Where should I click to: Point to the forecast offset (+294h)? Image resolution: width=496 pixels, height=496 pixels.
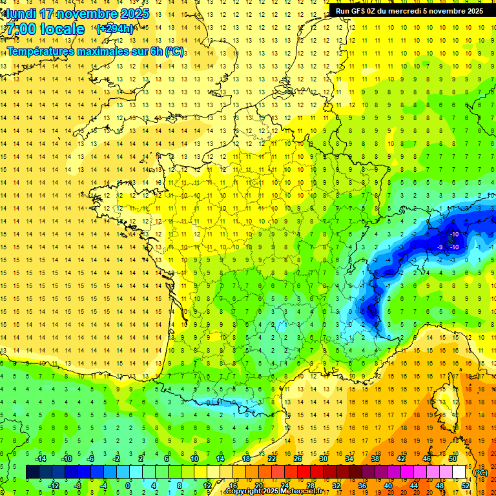114,29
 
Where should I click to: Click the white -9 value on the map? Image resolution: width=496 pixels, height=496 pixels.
440,247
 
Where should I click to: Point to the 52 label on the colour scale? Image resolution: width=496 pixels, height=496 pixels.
465,485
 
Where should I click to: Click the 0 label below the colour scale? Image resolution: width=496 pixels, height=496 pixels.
128,485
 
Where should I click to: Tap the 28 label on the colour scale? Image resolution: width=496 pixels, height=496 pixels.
310,485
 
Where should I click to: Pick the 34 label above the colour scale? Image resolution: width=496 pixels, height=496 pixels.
349,459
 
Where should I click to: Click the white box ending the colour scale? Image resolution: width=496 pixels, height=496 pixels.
459,472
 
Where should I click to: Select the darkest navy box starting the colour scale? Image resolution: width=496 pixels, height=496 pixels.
32,472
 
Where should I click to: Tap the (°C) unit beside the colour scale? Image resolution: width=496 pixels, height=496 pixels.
480,472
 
